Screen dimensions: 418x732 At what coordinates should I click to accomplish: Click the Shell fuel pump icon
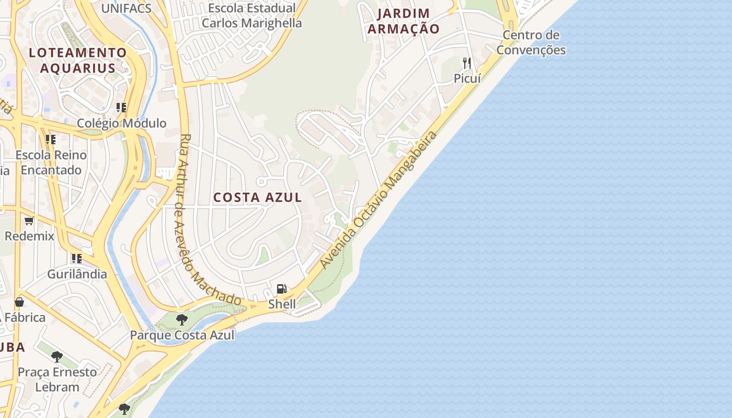click(281, 289)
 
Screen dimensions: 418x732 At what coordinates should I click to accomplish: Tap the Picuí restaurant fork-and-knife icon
click(467, 63)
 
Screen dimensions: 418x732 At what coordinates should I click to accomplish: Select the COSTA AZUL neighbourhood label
click(258, 198)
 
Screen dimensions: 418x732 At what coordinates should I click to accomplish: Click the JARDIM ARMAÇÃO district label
click(404, 21)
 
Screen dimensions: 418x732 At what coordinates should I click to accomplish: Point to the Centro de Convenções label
click(531, 43)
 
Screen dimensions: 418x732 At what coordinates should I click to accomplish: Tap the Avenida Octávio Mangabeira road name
click(379, 201)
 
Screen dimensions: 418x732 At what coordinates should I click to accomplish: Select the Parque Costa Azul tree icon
click(182, 319)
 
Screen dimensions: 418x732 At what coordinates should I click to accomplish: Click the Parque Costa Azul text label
click(182, 335)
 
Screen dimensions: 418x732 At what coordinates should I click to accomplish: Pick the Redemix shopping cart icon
click(29, 221)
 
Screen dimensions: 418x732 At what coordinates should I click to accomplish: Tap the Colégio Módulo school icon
click(121, 108)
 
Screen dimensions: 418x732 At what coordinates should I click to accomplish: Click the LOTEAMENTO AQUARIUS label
click(78, 60)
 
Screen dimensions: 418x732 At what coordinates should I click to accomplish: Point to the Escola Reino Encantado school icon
click(51, 140)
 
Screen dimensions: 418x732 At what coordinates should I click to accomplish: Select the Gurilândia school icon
click(77, 259)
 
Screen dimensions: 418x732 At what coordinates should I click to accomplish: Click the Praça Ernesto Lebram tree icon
click(57, 357)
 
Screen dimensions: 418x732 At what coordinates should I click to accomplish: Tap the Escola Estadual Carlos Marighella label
click(251, 16)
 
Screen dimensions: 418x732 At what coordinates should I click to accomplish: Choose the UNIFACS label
click(126, 8)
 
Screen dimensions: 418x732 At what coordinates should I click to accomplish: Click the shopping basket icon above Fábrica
click(19, 302)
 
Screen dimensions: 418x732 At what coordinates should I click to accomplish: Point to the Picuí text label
click(467, 78)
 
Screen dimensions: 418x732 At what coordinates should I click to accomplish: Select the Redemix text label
click(29, 236)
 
